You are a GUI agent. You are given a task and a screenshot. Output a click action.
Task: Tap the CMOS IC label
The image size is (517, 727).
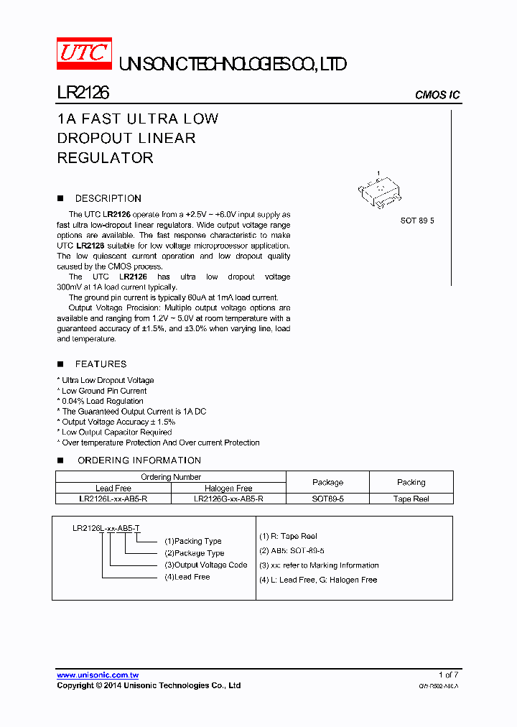click(437, 95)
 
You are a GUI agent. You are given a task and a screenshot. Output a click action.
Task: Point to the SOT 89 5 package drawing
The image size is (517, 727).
click(381, 191)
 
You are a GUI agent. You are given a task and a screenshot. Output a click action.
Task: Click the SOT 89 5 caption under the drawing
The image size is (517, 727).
click(417, 221)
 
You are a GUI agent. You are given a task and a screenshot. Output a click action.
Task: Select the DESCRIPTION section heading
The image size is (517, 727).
click(108, 198)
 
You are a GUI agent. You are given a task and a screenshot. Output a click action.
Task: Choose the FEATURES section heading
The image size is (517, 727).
click(101, 364)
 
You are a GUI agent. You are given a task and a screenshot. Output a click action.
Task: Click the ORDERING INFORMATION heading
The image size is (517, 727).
click(139, 460)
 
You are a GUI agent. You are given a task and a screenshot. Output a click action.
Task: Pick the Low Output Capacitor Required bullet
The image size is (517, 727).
click(116, 432)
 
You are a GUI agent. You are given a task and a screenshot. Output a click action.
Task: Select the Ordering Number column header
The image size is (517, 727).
click(171, 477)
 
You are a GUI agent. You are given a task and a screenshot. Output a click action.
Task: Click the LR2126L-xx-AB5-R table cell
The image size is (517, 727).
click(113, 499)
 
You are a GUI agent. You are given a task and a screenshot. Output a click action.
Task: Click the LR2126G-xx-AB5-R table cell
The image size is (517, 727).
click(228, 499)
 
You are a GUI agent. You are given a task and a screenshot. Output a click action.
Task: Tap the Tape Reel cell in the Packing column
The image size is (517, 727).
click(411, 499)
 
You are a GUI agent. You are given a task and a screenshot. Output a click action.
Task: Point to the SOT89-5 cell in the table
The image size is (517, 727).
click(327, 499)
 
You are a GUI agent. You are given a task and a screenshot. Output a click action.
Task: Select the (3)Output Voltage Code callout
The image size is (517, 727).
click(206, 565)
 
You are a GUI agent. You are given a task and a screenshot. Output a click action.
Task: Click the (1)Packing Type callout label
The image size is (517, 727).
click(193, 541)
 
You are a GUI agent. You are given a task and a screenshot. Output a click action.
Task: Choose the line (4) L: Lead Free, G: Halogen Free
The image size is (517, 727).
click(318, 580)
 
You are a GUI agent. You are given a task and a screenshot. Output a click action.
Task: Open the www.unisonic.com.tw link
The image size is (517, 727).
click(98, 675)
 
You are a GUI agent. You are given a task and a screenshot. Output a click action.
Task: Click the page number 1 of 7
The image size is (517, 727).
click(448, 675)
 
